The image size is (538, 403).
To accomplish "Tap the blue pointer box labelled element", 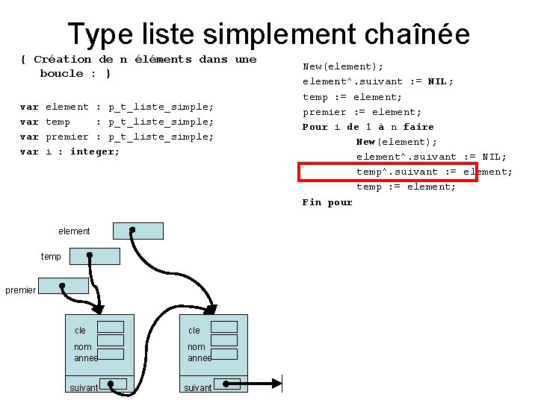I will (x=138, y=231).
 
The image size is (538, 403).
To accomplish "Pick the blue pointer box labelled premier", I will (x=63, y=286).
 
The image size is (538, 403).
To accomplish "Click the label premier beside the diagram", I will (x=20, y=290).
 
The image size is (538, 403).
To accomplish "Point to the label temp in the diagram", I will (x=51, y=257).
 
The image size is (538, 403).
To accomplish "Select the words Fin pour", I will (x=327, y=202).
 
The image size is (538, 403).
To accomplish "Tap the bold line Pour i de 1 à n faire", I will (x=368, y=127).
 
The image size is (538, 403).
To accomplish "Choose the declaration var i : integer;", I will (x=69, y=151).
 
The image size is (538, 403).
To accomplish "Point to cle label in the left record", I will (x=80, y=331).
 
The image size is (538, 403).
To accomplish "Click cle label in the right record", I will (x=194, y=331).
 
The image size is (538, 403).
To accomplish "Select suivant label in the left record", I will (x=84, y=388).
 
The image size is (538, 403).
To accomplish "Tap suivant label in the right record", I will (x=198, y=388).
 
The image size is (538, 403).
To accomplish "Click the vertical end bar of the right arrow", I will (x=282, y=385).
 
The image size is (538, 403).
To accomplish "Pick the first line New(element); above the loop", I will (x=343, y=66).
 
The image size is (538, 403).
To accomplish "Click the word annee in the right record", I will (x=200, y=358).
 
